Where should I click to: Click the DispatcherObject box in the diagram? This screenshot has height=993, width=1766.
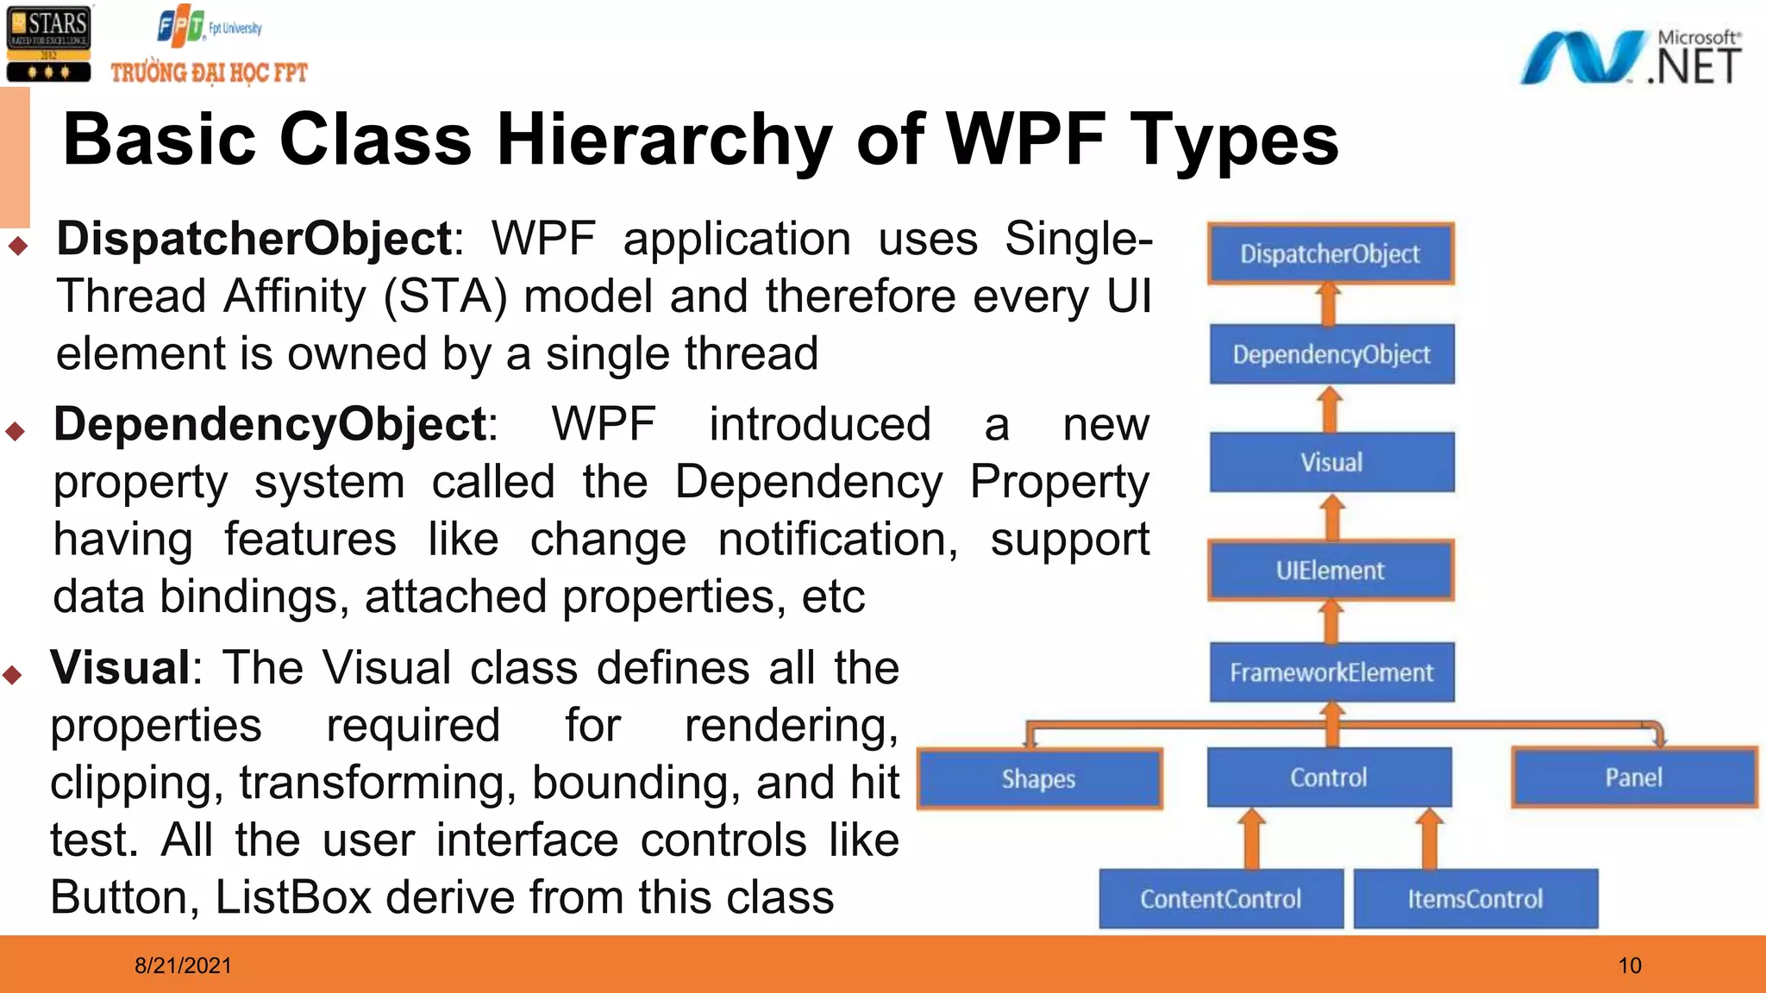pyautogui.click(x=1331, y=253)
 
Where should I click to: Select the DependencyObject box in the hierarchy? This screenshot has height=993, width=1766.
pyautogui.click(x=1331, y=354)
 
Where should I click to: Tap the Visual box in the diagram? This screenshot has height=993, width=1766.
pyautogui.click(x=1331, y=462)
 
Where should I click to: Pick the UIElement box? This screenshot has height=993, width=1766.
pyautogui.click(x=1331, y=570)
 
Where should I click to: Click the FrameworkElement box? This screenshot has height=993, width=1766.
pyautogui.click(x=1331, y=672)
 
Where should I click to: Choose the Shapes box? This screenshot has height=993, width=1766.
pyautogui.click(x=1039, y=779)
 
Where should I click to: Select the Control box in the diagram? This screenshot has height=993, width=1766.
pyautogui.click(x=1329, y=778)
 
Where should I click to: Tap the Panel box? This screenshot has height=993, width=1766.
pyautogui.click(x=1634, y=778)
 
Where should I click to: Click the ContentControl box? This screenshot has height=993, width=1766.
pyautogui.click(x=1221, y=899)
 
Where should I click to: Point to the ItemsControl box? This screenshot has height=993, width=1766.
pyautogui.click(x=1475, y=899)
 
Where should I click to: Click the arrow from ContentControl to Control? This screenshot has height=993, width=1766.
pyautogui.click(x=1252, y=839)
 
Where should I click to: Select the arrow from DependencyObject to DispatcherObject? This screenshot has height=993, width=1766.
pyautogui.click(x=1329, y=304)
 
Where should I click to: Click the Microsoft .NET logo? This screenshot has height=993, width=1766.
pyautogui.click(x=1630, y=58)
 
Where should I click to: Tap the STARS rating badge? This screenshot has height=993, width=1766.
pyautogui.click(x=48, y=43)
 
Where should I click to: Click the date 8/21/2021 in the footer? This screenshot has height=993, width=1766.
pyautogui.click(x=183, y=965)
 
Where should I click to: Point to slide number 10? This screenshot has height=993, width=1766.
pyautogui.click(x=1630, y=965)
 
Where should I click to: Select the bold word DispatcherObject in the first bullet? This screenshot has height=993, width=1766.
pyautogui.click(x=254, y=239)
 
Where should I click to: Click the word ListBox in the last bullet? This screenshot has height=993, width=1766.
pyautogui.click(x=293, y=897)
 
